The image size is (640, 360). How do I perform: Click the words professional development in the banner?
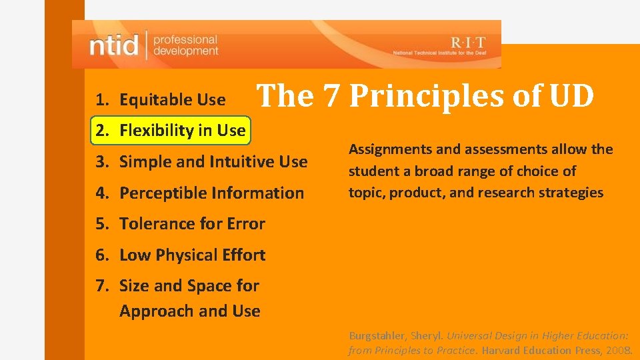185,45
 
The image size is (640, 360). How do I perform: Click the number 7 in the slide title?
331,96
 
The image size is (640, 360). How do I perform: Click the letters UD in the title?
571,96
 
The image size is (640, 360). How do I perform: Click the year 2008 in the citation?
619,350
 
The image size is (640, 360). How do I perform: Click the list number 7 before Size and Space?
101,286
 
